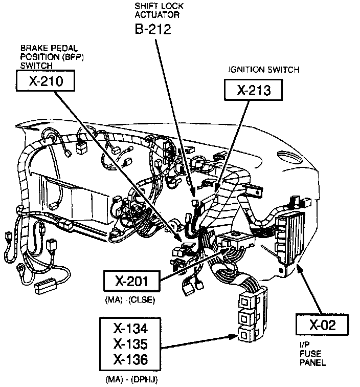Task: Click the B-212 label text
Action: tap(152, 29)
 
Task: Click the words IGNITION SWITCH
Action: tap(264, 70)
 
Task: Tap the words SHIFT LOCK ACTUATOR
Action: tap(151, 10)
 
